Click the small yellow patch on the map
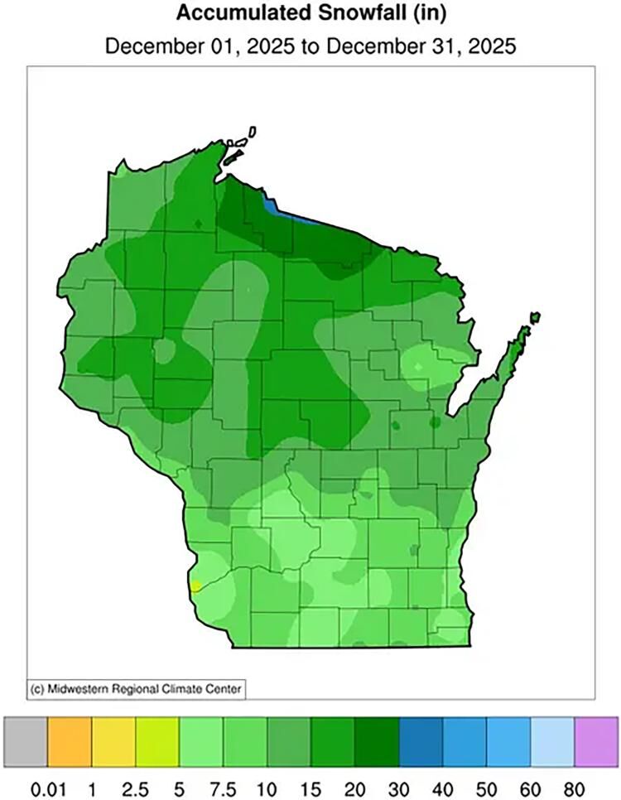click(195, 586)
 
